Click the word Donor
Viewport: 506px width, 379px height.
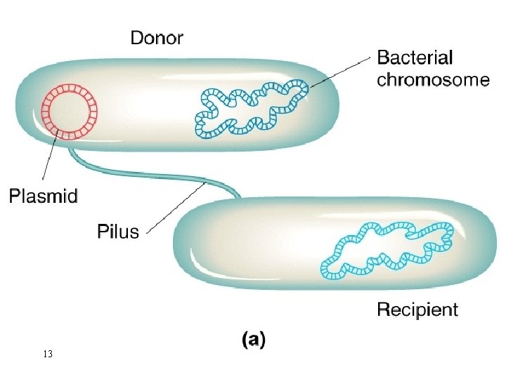tap(157, 37)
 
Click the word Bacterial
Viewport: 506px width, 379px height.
tap(415, 58)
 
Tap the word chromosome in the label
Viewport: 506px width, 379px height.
tap(433, 79)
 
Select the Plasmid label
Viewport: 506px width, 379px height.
tap(43, 196)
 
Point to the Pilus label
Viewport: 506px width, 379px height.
tap(117, 230)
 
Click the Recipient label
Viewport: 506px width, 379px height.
tap(417, 309)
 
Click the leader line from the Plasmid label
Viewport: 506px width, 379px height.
tap(49, 161)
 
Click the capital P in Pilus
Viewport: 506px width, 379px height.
tap(101, 230)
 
